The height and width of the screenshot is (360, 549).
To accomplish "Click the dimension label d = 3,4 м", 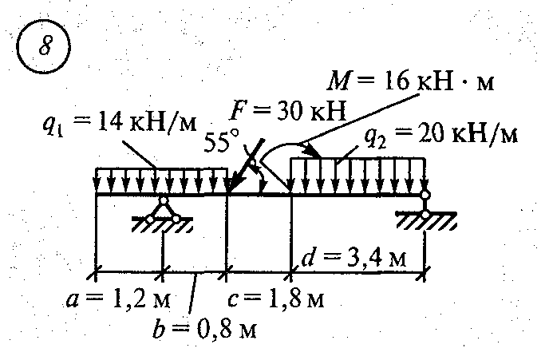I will coord(354,257).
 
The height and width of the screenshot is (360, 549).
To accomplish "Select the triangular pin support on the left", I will coord(162,209).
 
